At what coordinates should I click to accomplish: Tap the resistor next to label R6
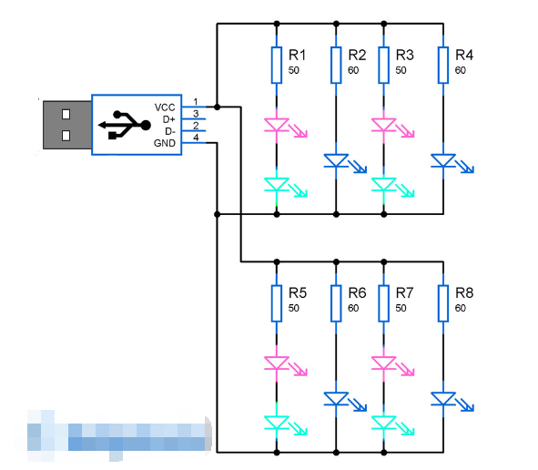point(336,302)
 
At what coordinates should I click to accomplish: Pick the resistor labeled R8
point(443,302)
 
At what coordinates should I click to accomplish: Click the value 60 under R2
point(353,70)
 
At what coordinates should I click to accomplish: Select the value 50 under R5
point(293,309)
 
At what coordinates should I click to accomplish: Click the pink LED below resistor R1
point(277,125)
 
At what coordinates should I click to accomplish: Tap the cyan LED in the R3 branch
point(383,185)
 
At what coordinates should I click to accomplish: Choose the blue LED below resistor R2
point(336,161)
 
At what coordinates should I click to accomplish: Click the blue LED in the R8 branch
point(443,399)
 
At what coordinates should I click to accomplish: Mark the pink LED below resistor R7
point(383,363)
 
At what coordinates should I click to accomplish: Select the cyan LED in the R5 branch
point(277,422)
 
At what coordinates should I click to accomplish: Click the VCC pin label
point(165,107)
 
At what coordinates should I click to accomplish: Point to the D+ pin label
point(167,118)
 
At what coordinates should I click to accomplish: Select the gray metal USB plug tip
point(66,125)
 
